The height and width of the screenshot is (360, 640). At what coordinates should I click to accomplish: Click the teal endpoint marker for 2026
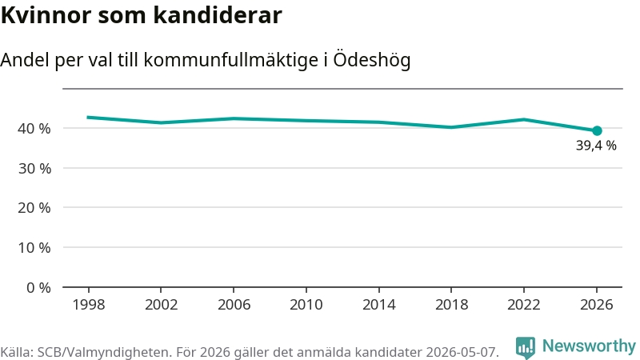597,130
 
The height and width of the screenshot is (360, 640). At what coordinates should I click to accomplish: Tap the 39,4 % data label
596,146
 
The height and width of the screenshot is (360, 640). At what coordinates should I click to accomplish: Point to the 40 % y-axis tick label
34,129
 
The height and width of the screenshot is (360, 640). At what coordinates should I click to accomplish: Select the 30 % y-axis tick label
34,168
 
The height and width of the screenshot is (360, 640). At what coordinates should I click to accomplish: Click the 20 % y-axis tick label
34,208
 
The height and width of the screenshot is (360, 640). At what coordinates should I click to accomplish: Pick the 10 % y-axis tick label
34,248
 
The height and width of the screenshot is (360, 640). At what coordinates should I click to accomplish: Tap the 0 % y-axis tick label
38,288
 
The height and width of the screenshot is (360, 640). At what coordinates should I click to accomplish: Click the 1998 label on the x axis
89,305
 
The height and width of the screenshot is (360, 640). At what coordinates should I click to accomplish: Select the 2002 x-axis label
162,305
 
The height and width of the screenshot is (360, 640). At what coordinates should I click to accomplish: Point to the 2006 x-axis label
234,305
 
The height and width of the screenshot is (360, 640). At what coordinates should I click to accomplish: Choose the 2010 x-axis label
306,305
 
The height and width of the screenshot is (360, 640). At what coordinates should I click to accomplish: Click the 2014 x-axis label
378,305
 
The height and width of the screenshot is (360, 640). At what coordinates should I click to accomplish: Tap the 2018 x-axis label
451,305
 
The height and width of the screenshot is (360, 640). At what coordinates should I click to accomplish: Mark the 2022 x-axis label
524,305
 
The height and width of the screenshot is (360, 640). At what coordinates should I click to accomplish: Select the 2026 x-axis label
597,305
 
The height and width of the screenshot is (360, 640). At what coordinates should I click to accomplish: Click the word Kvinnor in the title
46,15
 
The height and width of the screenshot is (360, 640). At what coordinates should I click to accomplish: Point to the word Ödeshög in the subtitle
372,60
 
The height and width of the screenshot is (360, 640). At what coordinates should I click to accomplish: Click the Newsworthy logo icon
526,348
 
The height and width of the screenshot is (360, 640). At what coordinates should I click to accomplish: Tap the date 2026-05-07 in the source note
462,352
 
